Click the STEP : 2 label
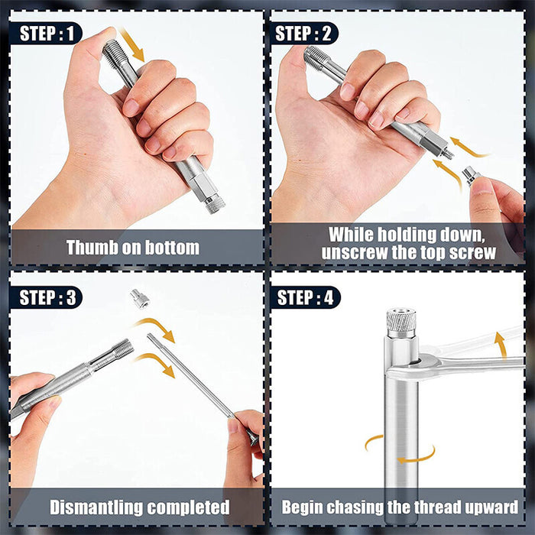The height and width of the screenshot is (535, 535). [x=303, y=34]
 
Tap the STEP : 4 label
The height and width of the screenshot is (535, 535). [x=303, y=297]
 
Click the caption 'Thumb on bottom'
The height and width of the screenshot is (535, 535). [x=132, y=248]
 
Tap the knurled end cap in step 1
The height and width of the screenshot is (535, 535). [x=214, y=203]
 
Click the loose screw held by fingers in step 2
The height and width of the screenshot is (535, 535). [x=472, y=177]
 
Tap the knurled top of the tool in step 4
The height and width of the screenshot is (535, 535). [x=400, y=321]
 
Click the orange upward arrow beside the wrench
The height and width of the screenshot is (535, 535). [x=500, y=343]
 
